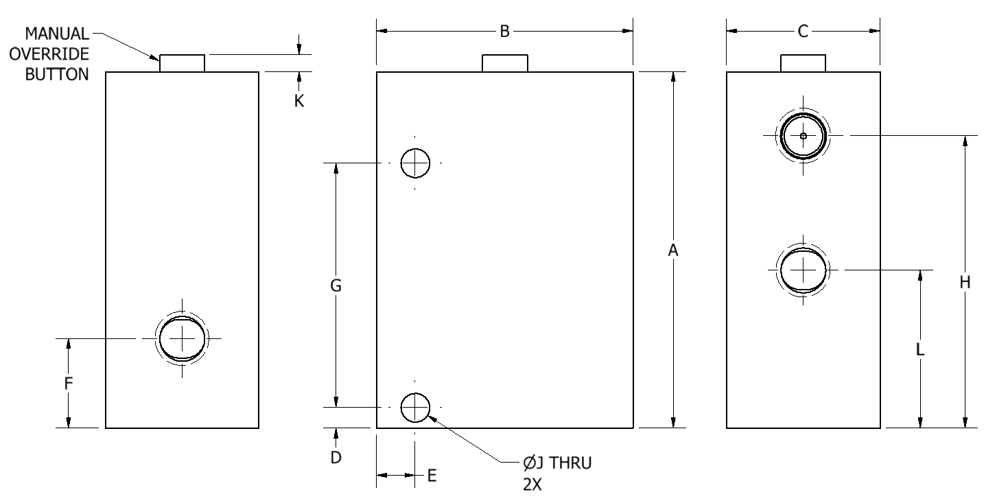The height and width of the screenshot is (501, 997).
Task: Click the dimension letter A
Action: tap(673, 251)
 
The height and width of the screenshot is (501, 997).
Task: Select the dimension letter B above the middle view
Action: tap(504, 32)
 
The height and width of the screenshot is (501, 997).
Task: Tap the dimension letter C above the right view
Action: tap(803, 32)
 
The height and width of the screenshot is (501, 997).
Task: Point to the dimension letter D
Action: tap(336, 457)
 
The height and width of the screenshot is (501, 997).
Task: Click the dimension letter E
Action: tap(432, 476)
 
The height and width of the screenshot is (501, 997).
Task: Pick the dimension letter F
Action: tap(69, 384)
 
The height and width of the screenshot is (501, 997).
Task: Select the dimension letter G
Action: tap(336, 286)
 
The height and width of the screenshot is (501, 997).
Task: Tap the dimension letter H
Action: tap(965, 281)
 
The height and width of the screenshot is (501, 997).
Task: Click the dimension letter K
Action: tap(299, 100)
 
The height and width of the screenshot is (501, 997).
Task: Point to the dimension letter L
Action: tap(920, 349)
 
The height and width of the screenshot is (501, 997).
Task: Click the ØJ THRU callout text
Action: tap(556, 463)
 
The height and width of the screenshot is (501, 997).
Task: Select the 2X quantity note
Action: tap(532, 484)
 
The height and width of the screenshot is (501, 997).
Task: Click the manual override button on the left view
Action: tap(182, 63)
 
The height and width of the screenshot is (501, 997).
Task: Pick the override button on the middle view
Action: tap(504, 63)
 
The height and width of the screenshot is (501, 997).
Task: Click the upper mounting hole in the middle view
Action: tap(415, 163)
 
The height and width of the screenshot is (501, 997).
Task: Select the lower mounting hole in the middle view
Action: tap(415, 408)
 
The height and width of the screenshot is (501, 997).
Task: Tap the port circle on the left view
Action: tap(182, 338)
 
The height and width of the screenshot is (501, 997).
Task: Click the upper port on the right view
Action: tap(803, 136)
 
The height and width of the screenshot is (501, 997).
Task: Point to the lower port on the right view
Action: tap(803, 270)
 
